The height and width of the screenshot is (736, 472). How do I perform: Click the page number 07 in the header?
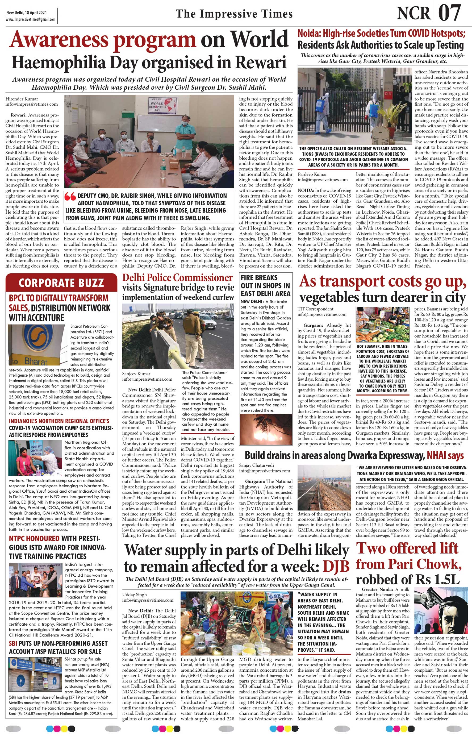pos(450,13)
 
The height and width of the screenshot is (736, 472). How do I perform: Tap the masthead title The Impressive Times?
pos(234,14)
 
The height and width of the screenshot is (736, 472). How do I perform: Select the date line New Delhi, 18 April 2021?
pos(27,13)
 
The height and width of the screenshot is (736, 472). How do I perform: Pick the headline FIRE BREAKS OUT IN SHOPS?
pos(265,285)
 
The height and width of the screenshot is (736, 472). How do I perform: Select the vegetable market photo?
pos(382,325)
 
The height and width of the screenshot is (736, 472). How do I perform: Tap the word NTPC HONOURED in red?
pos(34,539)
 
